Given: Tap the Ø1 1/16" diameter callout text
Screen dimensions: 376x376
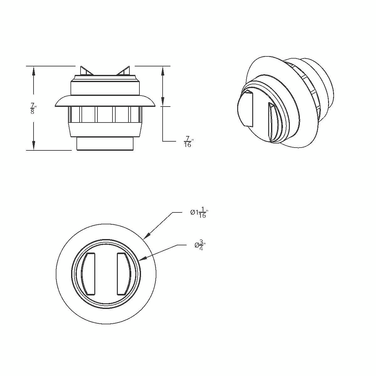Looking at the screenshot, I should click(199, 213).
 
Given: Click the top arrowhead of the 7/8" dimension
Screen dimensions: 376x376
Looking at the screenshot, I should click(33, 70).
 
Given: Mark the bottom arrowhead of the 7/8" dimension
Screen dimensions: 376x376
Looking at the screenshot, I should click(33, 146).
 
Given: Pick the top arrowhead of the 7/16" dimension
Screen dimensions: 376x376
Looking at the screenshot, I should click(162, 71).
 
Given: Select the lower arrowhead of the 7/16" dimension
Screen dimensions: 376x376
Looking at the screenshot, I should click(162, 102).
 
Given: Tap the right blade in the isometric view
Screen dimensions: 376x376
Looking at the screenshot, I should click(271, 122).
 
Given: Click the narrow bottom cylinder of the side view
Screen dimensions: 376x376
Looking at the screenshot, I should click(106, 144).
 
